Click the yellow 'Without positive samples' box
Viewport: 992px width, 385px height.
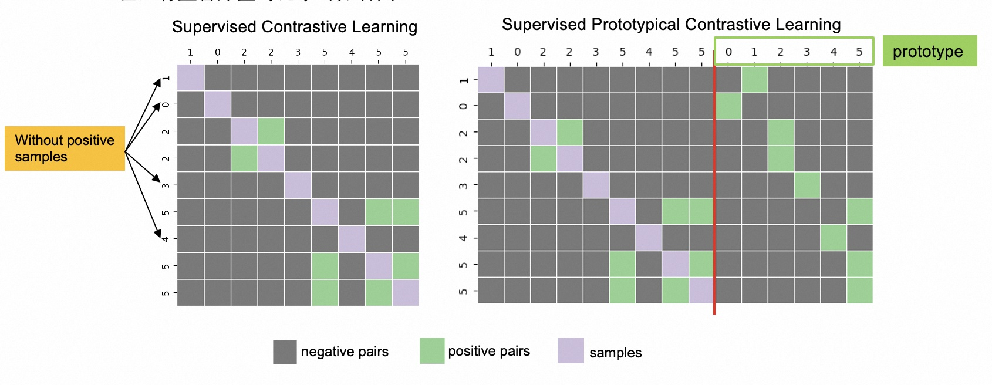tap(65, 148)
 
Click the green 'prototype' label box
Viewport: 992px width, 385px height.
tap(929, 51)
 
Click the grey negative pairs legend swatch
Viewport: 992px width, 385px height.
tap(285, 352)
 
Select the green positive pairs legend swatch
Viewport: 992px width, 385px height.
tap(432, 351)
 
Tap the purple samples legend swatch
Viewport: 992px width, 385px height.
tap(571, 351)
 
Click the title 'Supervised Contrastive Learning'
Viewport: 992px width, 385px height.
tap(295, 27)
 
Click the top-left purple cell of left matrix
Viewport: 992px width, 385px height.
tap(190, 77)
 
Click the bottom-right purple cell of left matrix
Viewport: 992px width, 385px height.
tap(406, 292)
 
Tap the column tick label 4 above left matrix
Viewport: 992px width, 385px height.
tap(352, 52)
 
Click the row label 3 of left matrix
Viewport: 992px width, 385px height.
tap(166, 185)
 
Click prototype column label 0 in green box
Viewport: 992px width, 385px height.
tap(728, 52)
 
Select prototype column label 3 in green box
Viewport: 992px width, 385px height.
tap(807, 52)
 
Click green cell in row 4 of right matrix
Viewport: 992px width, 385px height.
tap(834, 238)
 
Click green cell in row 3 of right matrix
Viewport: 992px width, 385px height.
tap(807, 185)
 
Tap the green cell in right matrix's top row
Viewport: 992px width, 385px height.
tap(754, 79)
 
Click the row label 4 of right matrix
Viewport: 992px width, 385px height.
tap(464, 238)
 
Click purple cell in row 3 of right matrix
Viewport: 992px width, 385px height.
tap(596, 185)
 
